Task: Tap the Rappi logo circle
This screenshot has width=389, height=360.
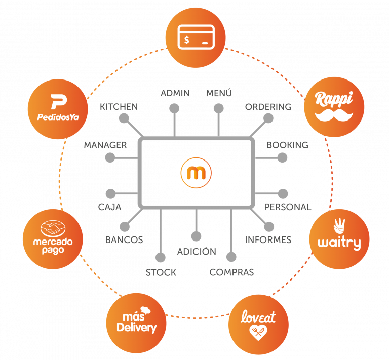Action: click(x=334, y=106)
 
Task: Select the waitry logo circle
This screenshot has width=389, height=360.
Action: click(x=339, y=238)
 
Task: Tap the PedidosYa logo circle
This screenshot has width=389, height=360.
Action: click(x=57, y=108)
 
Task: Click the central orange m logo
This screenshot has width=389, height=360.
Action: click(x=196, y=173)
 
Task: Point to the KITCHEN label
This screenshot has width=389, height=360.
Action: click(x=119, y=107)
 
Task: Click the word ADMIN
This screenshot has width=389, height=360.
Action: click(x=175, y=93)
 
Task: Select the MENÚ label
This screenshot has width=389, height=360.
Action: click(x=219, y=93)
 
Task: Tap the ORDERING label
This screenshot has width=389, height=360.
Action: click(x=268, y=107)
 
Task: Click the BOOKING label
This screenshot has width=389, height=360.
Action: click(x=287, y=145)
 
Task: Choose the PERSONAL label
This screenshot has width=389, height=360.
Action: click(x=288, y=207)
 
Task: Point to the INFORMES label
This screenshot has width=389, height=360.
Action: click(x=268, y=239)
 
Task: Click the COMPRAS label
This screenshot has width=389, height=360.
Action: click(x=231, y=272)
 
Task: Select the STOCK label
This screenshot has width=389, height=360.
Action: click(x=161, y=272)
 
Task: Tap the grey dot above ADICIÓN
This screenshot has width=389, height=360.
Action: click(x=196, y=236)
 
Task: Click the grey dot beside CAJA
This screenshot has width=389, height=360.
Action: click(x=110, y=193)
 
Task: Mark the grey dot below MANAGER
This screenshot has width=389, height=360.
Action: click(x=110, y=158)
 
